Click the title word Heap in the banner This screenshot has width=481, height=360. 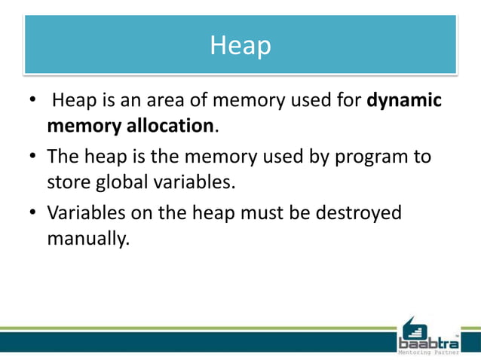tap(240, 46)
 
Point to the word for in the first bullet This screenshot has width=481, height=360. tap(348, 101)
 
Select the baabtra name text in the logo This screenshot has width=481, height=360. tap(427, 343)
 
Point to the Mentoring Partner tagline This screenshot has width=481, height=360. tap(427, 352)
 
